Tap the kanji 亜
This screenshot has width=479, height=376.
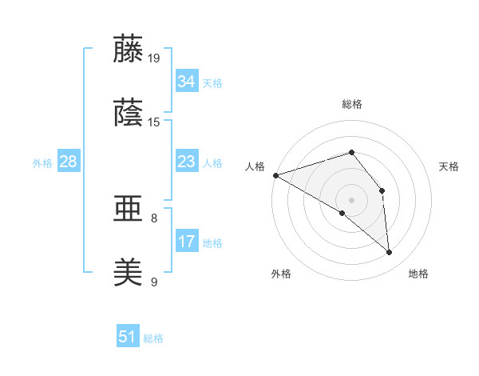[x=129, y=210]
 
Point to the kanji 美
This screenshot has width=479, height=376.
[x=129, y=274]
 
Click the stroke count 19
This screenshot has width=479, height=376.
[x=154, y=58]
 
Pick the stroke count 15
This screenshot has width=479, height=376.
[x=154, y=122]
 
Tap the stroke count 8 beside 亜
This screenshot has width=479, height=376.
[x=154, y=218]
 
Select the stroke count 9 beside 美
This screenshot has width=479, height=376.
[x=154, y=282]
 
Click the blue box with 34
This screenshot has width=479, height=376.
[x=186, y=82]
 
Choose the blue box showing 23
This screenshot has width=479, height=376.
[x=186, y=162]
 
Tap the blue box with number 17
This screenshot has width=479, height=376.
[x=186, y=242]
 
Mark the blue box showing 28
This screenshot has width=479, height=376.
[x=69, y=162]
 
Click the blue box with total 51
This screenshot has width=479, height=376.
[x=128, y=337]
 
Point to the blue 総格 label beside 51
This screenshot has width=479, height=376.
[x=153, y=338]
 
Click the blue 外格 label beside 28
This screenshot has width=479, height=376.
[x=42, y=162]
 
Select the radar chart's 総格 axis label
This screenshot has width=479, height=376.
[x=351, y=104]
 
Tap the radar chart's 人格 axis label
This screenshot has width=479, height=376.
[x=255, y=166]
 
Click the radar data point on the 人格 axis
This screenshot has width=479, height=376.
[x=275, y=174]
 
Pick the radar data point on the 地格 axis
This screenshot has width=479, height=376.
[x=390, y=253]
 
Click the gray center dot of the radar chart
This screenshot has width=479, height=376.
[x=351, y=199]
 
